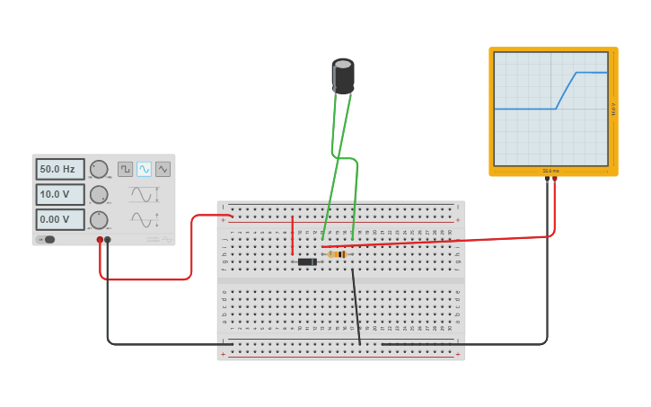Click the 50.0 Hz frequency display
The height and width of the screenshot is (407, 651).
coord(60,169)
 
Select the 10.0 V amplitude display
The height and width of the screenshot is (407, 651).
coord(60,194)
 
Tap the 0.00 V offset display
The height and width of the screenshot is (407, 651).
coord(60,219)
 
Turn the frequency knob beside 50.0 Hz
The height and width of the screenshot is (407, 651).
coord(99,169)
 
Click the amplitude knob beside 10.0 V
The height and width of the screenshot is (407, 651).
coord(99,194)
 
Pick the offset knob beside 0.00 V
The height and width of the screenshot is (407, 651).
coord(99,219)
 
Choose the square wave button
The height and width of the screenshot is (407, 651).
coord(126,169)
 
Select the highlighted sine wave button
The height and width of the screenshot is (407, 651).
coord(144,169)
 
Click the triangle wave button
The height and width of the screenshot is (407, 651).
coord(163,169)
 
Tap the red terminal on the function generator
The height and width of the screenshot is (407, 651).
coord(100,240)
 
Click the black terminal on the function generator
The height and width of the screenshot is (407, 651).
coord(108,240)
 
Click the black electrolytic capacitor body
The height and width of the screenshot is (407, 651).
coord(343,75)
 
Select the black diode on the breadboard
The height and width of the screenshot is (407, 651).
coord(307,261)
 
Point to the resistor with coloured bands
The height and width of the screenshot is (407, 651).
coord(337,254)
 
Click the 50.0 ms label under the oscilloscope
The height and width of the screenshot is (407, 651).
coord(550,171)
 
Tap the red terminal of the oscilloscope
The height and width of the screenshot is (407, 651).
coord(554,179)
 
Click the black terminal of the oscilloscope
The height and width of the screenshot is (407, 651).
coord(547,179)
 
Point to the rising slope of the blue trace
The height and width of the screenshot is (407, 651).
coord(567,90)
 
